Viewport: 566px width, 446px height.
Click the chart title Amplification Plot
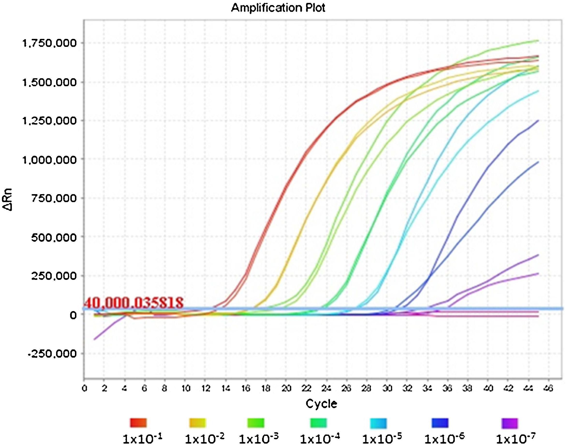click(x=278, y=8)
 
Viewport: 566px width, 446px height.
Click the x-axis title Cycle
click(x=321, y=404)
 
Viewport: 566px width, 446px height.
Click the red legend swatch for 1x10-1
click(x=139, y=423)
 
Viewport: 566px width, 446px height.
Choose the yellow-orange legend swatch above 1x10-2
click(x=198, y=423)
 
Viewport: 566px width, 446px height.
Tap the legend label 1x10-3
click(x=259, y=438)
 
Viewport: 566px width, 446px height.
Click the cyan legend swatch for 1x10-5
click(x=379, y=423)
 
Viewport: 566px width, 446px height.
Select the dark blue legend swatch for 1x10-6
click(x=440, y=423)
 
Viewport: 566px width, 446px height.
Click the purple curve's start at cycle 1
click(x=94, y=339)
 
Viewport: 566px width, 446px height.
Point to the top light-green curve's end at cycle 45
click(x=538, y=41)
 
